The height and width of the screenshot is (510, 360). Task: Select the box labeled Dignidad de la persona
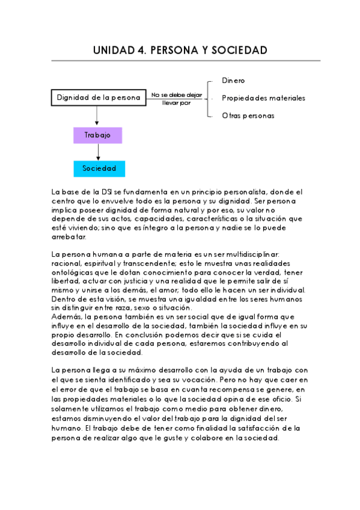point(99,97)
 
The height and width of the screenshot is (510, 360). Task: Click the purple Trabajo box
point(97,135)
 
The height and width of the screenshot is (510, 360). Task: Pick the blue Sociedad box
point(99,168)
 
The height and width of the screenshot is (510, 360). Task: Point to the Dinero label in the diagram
point(233,81)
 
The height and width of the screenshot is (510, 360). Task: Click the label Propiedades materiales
point(263,98)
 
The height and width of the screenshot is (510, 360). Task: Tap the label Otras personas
point(248,115)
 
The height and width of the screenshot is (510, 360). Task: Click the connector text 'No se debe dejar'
point(176,94)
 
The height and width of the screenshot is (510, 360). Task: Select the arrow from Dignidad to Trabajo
point(97,117)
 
